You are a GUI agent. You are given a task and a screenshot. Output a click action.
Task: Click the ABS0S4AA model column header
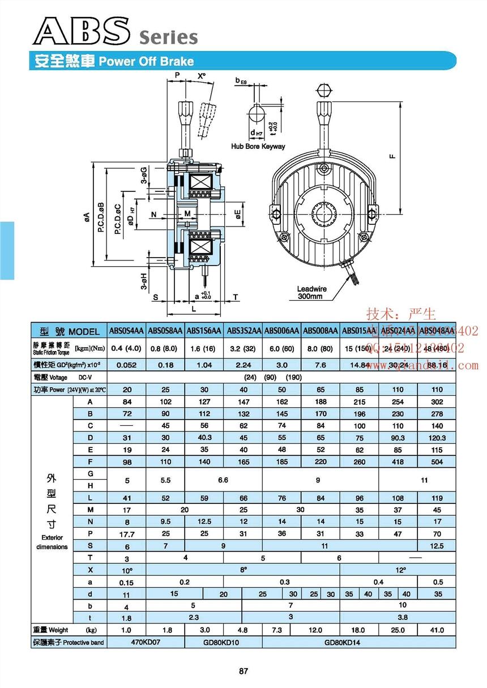[126, 331]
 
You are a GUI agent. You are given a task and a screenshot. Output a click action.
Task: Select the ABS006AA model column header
[282, 331]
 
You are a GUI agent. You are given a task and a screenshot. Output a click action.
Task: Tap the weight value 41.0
[437, 630]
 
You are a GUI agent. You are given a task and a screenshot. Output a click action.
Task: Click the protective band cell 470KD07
[146, 643]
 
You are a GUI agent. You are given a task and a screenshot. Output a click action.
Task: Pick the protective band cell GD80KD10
[223, 643]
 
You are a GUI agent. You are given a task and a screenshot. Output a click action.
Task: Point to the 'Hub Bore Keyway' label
[258, 146]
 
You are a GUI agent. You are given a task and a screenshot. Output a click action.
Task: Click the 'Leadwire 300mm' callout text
[309, 292]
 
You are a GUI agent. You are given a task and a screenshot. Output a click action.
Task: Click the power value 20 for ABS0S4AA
[126, 390]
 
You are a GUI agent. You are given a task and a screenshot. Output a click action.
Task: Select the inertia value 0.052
[126, 365]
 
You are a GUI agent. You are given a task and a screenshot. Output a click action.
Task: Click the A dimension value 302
[437, 401]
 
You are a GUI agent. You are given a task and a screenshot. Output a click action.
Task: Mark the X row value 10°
[126, 570]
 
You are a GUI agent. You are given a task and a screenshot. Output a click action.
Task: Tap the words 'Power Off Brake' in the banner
[146, 61]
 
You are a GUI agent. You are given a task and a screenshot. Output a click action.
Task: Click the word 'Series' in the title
[168, 37]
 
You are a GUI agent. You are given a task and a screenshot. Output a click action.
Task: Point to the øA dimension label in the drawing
[86, 216]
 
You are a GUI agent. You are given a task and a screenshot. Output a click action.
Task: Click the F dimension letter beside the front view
[392, 157]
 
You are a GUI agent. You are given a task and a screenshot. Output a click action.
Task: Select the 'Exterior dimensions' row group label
[52, 542]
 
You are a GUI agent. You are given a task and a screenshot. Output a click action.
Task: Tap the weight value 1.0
[126, 630]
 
